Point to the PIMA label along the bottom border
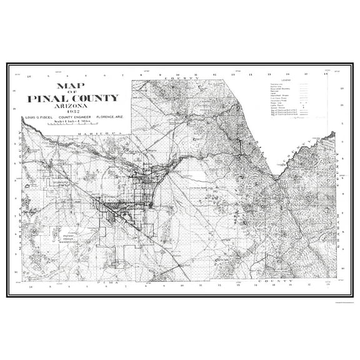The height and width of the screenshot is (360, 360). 103,283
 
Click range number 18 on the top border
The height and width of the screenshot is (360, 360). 326,74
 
